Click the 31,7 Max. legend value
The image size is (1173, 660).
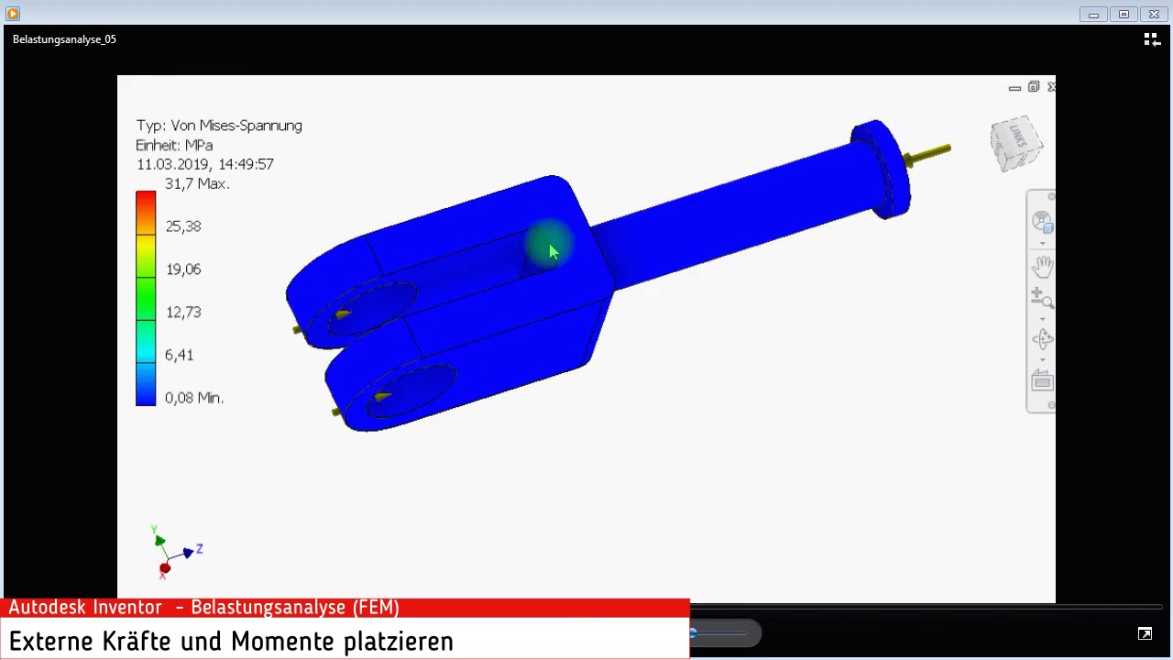[196, 183]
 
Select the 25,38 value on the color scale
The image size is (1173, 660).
[182, 226]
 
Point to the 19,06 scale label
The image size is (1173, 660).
[182, 269]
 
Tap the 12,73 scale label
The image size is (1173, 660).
[182, 313]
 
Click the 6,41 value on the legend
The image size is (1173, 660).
[179, 356]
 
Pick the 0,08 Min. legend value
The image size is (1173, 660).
[193, 398]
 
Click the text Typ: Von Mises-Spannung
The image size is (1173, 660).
[219, 126]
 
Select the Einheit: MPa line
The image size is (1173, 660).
[174, 145]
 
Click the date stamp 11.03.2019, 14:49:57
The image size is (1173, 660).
[204, 164]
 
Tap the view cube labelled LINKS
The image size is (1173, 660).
[1015, 142]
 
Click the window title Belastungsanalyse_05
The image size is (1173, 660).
[64, 39]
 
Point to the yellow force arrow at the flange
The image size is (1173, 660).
[927, 154]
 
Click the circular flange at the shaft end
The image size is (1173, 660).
[880, 170]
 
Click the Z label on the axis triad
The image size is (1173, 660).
[199, 548]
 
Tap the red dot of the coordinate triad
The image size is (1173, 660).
[164, 569]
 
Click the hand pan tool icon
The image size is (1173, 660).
[1043, 267]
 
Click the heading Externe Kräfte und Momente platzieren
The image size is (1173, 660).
[231, 641]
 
